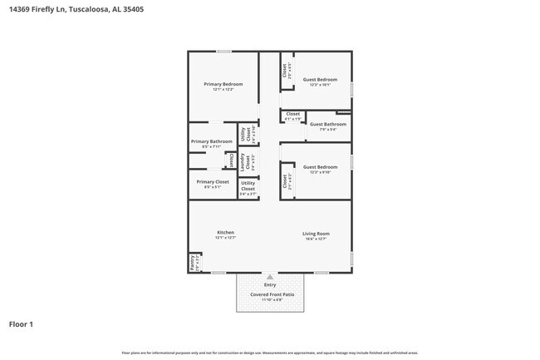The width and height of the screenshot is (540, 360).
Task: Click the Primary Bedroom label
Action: coord(223,84)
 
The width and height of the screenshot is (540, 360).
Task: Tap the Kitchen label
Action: coord(225,232)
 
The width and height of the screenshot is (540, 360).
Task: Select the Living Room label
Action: coord(316,234)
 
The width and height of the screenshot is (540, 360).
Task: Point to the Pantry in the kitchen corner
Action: coord(194,263)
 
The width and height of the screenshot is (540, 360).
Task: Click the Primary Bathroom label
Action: coord(212,141)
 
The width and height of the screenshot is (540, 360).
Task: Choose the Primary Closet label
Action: coord(213,181)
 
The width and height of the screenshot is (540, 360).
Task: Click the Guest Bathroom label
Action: coord(328,124)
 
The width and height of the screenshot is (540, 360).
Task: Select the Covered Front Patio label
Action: coord(270,294)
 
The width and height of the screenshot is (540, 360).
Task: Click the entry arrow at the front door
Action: coord(270,278)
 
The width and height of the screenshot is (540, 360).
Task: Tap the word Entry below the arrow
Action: coord(270,285)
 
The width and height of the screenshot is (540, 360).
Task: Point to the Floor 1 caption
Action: coord(21,324)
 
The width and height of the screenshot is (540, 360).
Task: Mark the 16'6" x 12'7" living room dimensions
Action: coord(316,238)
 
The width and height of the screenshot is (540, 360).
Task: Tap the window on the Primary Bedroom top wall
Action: coord(223,52)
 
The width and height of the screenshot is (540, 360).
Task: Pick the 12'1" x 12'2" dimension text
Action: coord(223,89)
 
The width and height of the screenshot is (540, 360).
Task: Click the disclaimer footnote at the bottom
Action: coord(270,353)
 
